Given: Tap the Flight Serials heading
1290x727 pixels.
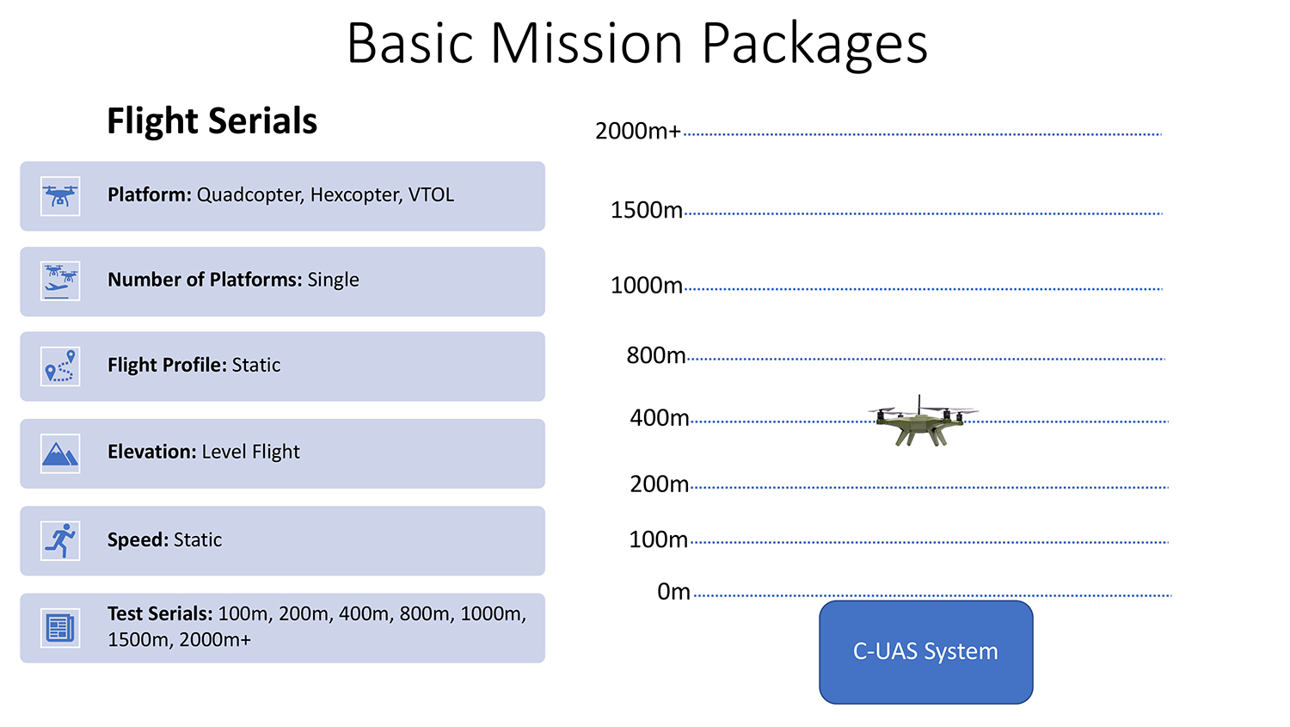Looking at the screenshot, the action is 212,121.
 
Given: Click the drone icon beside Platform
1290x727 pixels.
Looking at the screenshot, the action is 60,196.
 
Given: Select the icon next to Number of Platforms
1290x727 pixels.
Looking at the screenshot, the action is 60,281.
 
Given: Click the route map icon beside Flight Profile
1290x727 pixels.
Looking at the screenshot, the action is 60,367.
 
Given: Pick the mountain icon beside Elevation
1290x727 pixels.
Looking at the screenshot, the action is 60,453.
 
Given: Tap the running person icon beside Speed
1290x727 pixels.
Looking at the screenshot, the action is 60,541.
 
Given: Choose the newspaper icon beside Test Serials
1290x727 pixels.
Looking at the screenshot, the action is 60,628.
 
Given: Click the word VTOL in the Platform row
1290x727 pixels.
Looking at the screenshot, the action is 432,194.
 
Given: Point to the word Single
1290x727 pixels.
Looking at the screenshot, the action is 333,280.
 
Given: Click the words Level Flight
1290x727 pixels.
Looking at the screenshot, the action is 250,452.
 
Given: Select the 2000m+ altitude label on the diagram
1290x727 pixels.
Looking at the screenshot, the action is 637,132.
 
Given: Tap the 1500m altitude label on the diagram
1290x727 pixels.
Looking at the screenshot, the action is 646,210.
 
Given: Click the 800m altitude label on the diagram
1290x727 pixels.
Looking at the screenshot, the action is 656,355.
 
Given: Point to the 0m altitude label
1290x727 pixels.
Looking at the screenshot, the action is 673,592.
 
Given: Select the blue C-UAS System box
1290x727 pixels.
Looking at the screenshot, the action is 926,652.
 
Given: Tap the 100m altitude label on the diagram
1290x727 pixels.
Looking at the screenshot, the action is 658,539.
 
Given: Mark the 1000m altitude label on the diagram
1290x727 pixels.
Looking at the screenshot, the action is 646,286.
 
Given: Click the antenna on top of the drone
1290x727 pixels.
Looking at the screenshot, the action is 919,404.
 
